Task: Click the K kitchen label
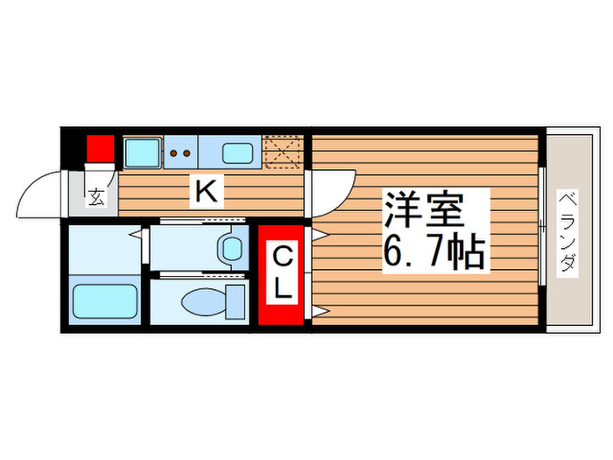click(x=207, y=189)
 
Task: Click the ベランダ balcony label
click(x=568, y=231)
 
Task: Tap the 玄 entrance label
click(x=95, y=197)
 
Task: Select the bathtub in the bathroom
click(x=103, y=301)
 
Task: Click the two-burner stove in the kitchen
click(x=180, y=152)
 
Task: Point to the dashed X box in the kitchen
click(x=283, y=151)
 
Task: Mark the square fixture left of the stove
click(x=141, y=152)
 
